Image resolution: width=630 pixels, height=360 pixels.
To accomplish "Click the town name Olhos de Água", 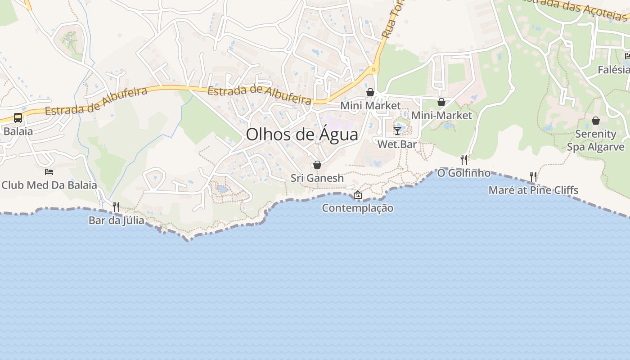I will (302, 134).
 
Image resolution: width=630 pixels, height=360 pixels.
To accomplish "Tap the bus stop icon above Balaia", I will (18, 118).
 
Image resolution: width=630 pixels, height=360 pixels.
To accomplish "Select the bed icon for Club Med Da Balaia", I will (49, 172).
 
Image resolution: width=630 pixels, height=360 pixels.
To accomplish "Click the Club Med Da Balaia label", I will (49, 185).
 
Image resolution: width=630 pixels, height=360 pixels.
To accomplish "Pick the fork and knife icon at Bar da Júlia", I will (116, 207).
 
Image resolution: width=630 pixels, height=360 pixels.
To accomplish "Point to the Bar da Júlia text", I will (116, 220).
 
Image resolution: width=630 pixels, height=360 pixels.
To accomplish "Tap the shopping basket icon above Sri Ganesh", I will (317, 165).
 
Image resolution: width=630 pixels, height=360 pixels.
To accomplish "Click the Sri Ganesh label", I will (317, 178).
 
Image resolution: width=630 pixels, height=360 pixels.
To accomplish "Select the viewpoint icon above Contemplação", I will (358, 195).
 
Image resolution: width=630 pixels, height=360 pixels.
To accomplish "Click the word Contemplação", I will (358, 208).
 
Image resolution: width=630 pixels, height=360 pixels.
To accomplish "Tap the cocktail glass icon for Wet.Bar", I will (397, 131).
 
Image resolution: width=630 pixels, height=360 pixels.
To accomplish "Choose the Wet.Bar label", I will (397, 144).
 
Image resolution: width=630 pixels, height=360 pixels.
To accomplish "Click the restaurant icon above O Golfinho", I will (464, 159).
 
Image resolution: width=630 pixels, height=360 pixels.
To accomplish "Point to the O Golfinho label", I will (464, 173).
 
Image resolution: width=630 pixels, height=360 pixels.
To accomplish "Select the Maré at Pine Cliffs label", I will (533, 190).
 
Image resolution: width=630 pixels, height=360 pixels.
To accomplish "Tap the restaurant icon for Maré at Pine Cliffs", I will (533, 176).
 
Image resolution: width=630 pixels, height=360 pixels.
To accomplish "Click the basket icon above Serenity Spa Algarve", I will (596, 121).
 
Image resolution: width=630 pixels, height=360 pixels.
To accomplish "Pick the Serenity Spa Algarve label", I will (596, 140).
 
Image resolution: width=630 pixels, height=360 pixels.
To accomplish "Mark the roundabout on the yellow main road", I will (373, 70).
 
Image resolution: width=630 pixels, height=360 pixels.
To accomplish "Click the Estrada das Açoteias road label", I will (574, 8).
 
